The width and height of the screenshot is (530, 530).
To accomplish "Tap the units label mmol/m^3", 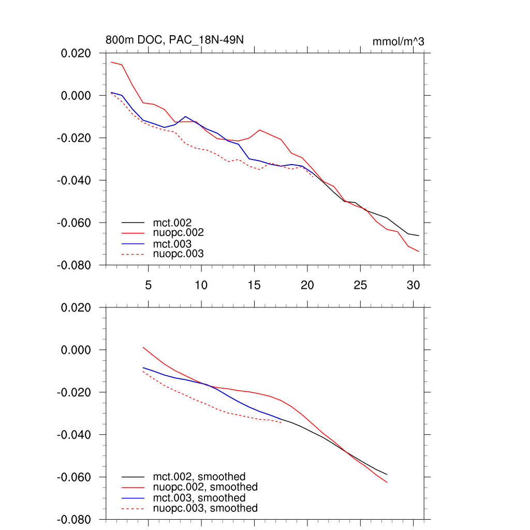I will [398, 41].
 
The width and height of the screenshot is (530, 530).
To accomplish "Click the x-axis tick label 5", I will [148, 285].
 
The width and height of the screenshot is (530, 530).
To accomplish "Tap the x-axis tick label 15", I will [254, 285].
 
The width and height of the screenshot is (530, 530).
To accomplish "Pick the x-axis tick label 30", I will [413, 285].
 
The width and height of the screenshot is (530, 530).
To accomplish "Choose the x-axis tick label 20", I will [307, 285].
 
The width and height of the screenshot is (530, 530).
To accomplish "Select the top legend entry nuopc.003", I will [178, 254].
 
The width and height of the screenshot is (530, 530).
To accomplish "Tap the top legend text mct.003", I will [172, 244].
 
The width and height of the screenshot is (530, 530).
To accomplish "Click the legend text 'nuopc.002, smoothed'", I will [205, 487].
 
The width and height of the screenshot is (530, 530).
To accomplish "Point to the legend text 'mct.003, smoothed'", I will [199, 498].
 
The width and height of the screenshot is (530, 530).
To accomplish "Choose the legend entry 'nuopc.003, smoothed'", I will [205, 508].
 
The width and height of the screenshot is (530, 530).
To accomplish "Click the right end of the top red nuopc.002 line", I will [418, 251].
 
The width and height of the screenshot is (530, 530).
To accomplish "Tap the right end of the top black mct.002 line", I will [418, 235].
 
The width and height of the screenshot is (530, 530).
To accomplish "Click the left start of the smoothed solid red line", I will [143, 347].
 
